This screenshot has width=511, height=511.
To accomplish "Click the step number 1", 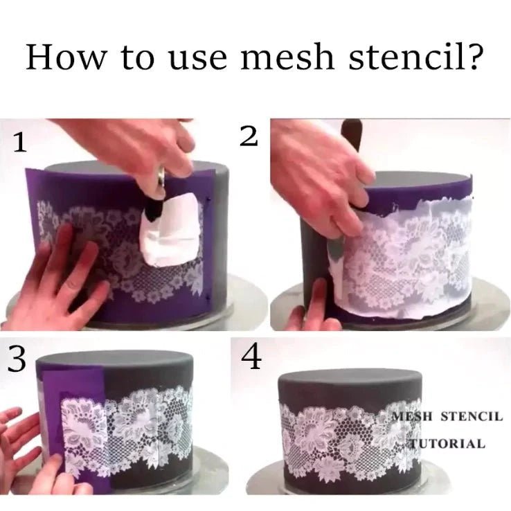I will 21,143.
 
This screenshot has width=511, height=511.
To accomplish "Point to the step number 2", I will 249,137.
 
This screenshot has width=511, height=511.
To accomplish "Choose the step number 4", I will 251,359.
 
